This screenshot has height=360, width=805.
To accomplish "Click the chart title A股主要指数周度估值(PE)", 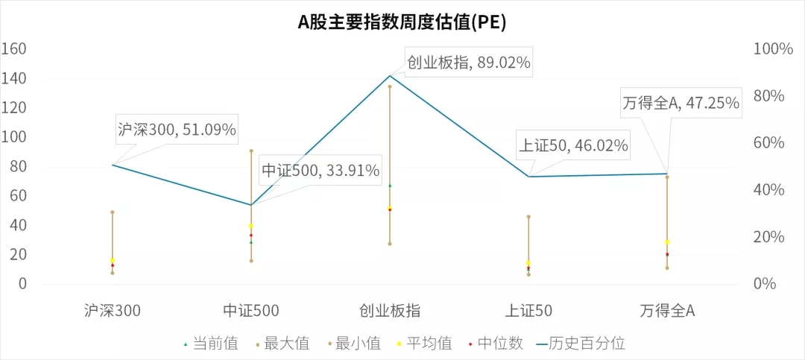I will (402, 22).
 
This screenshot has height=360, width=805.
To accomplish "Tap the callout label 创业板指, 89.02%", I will (469, 63).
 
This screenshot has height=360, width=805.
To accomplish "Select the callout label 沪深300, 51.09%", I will (177, 130).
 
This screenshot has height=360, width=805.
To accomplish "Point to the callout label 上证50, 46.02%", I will (573, 145).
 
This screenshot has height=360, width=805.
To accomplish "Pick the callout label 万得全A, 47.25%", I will (681, 103).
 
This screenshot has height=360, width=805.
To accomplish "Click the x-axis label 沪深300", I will (113, 311).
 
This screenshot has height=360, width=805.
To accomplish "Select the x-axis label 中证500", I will (251, 311).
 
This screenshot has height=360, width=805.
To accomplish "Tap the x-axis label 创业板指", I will (390, 311).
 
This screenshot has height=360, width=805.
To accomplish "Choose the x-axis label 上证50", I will (528, 311).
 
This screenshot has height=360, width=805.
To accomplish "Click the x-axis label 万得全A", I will (667, 311).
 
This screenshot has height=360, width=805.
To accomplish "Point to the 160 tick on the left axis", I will (14, 49).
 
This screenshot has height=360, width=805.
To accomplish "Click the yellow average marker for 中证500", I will (251, 226).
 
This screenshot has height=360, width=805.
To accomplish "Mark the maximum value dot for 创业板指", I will (390, 86).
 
